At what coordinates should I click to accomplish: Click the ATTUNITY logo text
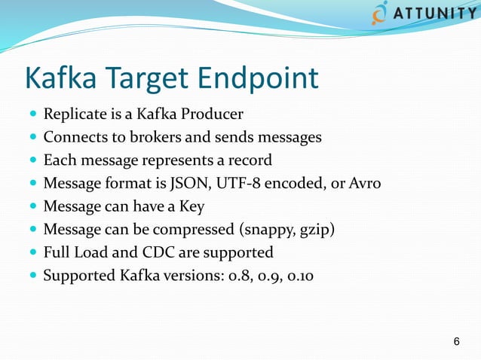433,16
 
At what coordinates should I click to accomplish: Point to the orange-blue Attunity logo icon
381,14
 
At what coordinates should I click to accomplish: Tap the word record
251,160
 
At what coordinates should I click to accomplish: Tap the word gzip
313,230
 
